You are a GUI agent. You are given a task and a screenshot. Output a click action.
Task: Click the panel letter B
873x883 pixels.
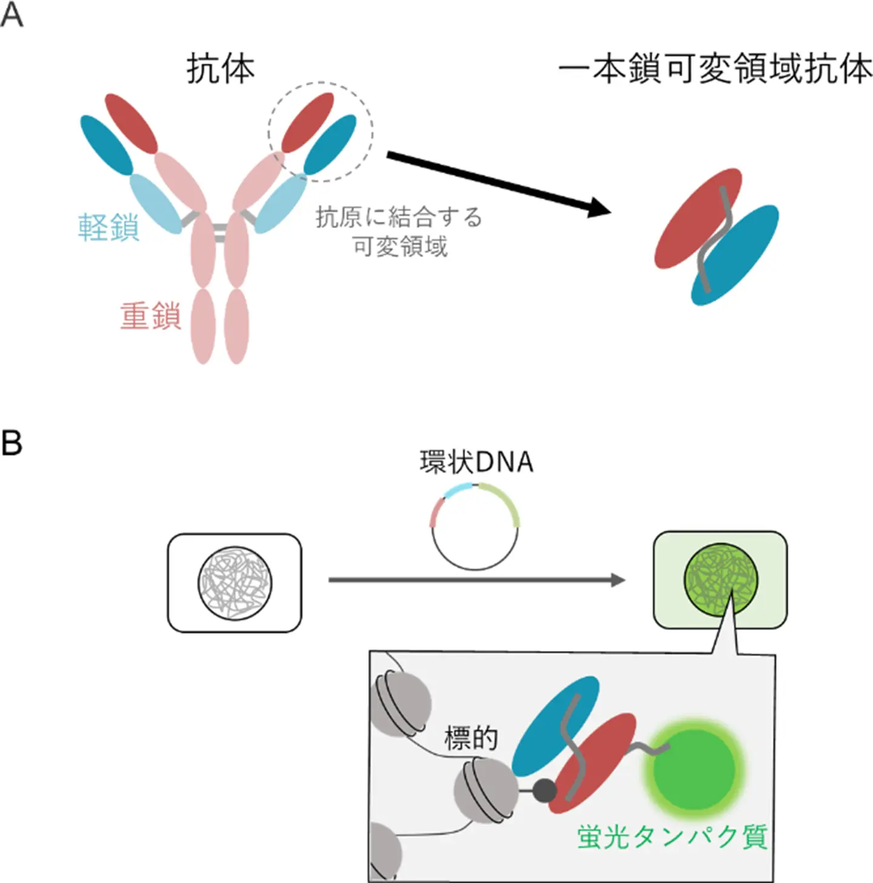pos(12,443)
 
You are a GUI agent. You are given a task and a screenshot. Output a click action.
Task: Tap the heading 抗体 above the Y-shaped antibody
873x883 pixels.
pos(221,68)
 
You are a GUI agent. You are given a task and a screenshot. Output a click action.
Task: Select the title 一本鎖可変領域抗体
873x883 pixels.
pos(715,68)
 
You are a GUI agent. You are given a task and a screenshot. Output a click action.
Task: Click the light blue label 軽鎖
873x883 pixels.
pos(109,228)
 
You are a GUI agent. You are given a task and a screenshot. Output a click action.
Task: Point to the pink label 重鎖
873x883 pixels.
pos(150,316)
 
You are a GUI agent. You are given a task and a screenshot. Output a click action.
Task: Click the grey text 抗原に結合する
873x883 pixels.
pos(399,217)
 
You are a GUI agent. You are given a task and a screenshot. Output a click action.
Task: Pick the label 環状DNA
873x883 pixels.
pos(477,462)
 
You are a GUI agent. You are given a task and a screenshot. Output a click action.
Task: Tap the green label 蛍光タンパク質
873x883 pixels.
pos(672,837)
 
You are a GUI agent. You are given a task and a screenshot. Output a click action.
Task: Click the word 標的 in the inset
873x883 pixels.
pos(471,738)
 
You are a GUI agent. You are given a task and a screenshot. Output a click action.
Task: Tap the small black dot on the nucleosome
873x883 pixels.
pos(544,790)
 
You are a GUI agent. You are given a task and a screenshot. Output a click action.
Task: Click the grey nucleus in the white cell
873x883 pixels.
pos(235,583)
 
